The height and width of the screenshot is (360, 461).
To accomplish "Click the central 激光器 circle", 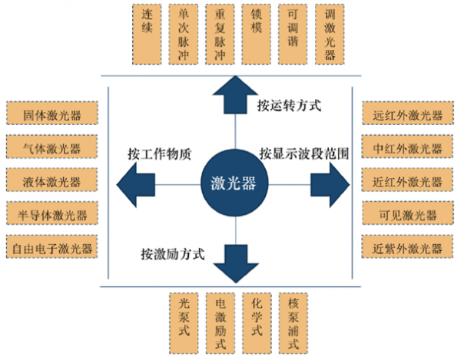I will point(233,183).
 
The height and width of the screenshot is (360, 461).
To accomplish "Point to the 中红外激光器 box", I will point(406,148).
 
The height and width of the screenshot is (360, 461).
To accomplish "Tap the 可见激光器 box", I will point(406,214).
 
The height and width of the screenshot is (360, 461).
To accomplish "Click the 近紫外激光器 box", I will point(406,248).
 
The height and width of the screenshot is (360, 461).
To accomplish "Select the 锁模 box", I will point(256,34).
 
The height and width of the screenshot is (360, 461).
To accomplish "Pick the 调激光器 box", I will point(330,34).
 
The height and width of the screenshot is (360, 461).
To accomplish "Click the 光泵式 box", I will point(183,323).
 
